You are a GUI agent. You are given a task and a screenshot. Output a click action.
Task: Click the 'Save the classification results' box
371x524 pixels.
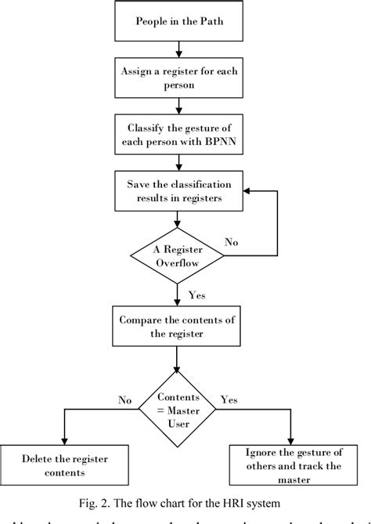[180, 190]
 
